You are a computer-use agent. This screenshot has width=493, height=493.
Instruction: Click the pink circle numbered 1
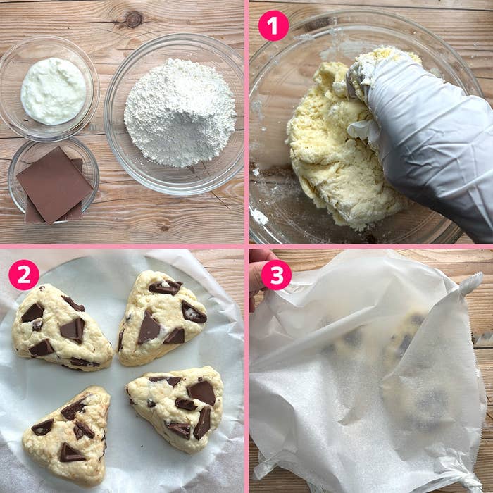(x=273, y=26)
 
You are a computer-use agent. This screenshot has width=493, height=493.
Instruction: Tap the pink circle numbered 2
(x=24, y=275)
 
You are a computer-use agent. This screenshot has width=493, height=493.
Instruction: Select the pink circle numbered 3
(x=276, y=275)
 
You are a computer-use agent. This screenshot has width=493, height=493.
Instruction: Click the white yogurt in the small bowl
(x=53, y=91)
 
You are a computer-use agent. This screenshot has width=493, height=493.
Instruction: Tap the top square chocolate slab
(x=54, y=185)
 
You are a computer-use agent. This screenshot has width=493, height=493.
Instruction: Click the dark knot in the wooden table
(x=134, y=20)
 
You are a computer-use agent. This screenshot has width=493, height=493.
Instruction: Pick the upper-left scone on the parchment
(x=61, y=329)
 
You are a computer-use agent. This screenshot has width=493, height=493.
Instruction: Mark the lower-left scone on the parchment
(x=68, y=437)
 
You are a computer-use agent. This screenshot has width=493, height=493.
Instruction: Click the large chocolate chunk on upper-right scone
(x=149, y=327)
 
